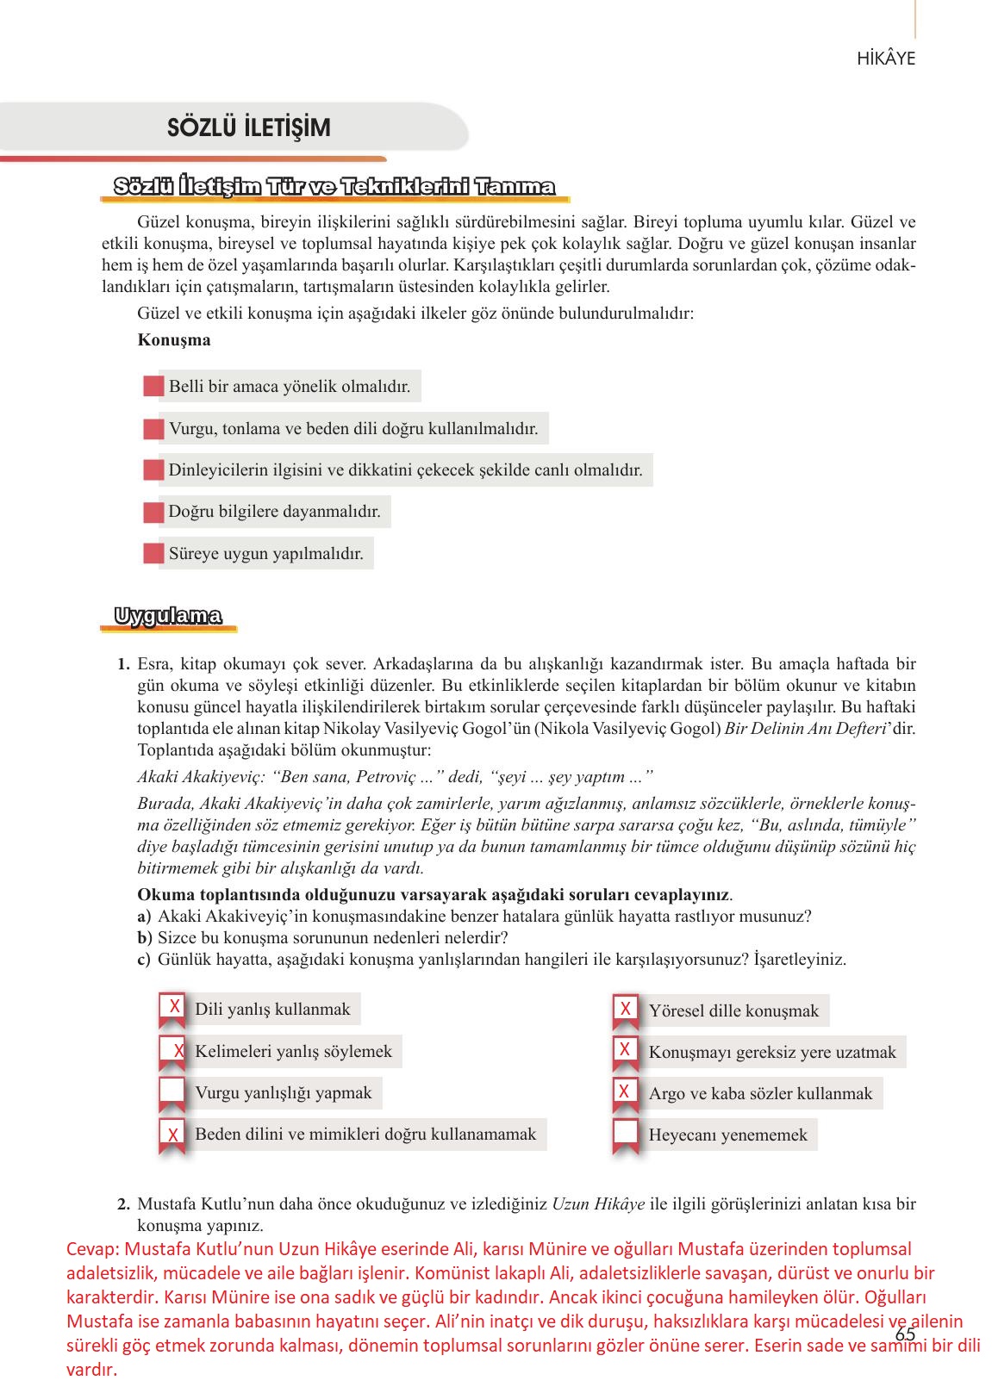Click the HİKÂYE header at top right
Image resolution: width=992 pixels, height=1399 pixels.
tap(885, 59)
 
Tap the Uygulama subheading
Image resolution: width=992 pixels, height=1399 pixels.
tap(168, 616)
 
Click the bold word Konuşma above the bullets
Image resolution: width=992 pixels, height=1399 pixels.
tap(173, 339)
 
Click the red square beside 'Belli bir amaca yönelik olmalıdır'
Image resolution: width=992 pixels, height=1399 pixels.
tap(153, 386)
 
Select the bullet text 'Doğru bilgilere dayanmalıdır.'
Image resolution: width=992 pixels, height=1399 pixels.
tap(274, 512)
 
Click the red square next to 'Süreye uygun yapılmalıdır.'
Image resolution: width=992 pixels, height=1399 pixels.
tap(153, 553)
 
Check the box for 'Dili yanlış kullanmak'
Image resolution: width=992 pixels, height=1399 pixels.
tap(172, 1008)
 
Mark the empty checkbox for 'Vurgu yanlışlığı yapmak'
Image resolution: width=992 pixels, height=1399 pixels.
tap(172, 1092)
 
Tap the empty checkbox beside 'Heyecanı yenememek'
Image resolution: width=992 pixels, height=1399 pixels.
tap(625, 1134)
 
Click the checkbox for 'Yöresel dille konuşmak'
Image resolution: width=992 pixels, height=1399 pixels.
tap(625, 1010)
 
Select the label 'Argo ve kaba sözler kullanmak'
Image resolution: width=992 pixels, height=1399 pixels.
tap(760, 1093)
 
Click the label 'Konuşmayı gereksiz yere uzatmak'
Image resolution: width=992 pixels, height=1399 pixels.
tap(772, 1052)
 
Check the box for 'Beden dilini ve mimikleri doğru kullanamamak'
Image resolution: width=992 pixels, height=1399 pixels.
tap(172, 1135)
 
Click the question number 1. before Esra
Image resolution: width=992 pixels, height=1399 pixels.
tap(123, 664)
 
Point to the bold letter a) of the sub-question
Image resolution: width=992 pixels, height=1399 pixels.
tap(143, 917)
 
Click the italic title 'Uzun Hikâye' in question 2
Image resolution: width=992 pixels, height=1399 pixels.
tap(597, 1204)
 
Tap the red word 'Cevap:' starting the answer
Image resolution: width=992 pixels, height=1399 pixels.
tap(93, 1249)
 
